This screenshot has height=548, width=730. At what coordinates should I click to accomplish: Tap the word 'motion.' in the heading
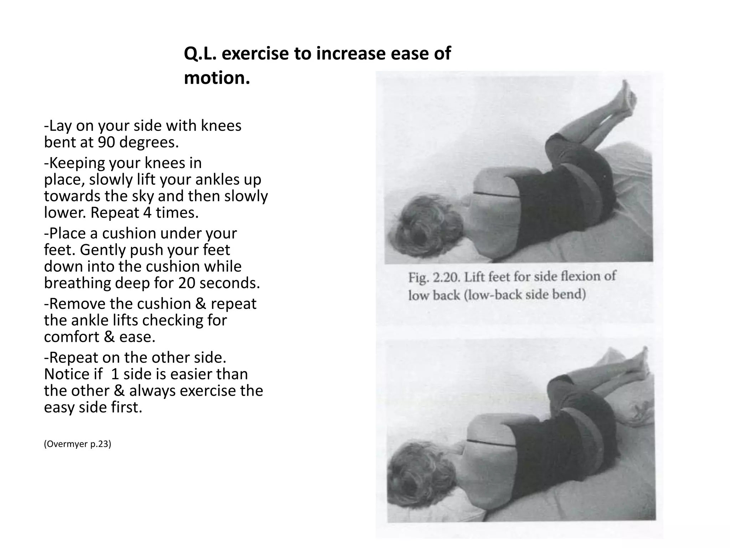tap(217, 78)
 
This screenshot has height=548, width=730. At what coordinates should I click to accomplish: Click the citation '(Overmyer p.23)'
tap(77, 444)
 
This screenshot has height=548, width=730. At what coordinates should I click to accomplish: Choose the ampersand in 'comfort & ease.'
tap(109, 337)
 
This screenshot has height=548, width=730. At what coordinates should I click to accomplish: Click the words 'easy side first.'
tap(93, 407)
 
